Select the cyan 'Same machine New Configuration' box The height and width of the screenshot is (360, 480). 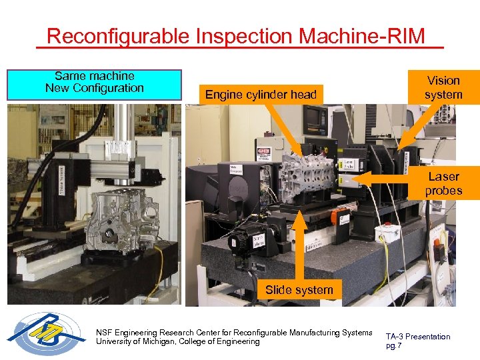pyautogui.click(x=94, y=85)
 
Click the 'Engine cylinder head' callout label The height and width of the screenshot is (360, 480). pyautogui.click(x=261, y=95)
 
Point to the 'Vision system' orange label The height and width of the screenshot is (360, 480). pyautogui.click(x=443, y=87)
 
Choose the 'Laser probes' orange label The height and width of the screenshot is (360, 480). pyautogui.click(x=443, y=184)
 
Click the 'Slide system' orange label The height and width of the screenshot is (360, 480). pyautogui.click(x=299, y=290)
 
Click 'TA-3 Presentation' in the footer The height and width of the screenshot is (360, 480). pyautogui.click(x=418, y=337)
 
